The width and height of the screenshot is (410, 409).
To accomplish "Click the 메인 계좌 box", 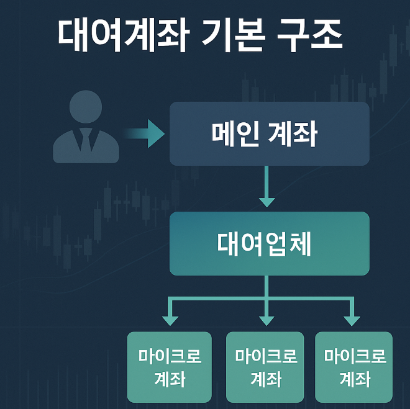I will [x=269, y=133].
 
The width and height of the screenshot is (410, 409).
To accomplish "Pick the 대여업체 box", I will [x=269, y=243].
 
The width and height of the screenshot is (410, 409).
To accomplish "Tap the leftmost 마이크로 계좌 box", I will [x=170, y=367].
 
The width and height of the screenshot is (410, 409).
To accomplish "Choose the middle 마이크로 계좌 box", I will [x=266, y=367].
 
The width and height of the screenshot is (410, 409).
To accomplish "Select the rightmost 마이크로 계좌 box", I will [x=354, y=367].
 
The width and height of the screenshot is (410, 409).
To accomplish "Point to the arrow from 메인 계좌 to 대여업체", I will [x=266, y=186].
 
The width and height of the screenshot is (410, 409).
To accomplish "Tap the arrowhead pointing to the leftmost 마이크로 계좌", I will [x=170, y=319].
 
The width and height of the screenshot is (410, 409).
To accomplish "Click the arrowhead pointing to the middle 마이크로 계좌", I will [x=266, y=319].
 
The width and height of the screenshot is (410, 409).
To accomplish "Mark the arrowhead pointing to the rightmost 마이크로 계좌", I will [x=352, y=319].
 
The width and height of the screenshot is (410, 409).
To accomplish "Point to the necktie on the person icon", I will [x=86, y=142].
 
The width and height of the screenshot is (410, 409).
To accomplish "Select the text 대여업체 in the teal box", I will [x=265, y=244].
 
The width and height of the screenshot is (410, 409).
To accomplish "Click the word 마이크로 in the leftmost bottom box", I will [x=170, y=357].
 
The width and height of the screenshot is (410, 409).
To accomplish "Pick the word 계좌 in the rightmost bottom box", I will [x=355, y=378].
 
